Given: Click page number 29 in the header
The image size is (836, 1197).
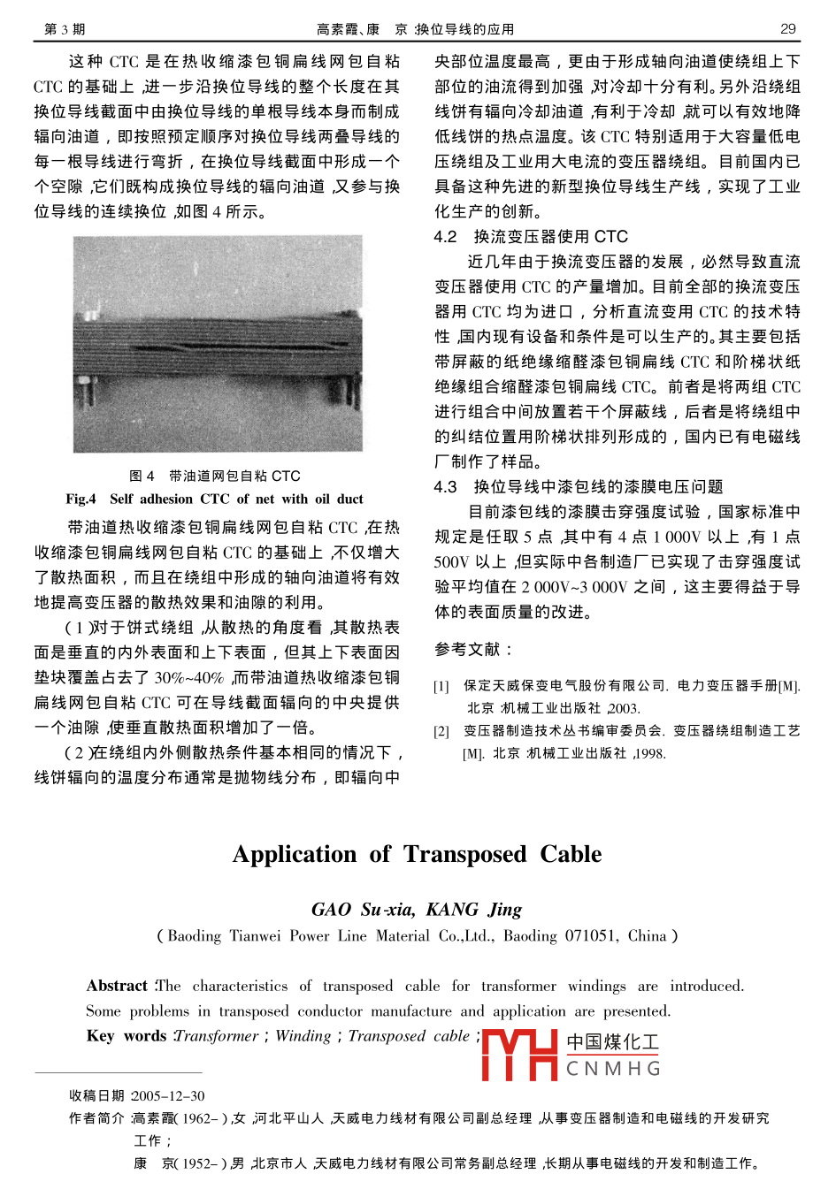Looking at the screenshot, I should tap(787, 29).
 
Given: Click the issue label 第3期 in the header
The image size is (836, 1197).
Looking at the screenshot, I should tap(65, 29).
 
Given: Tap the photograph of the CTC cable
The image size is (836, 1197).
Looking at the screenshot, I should tap(218, 344).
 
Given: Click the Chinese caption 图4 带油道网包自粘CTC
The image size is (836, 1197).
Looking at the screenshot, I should tap(215, 476).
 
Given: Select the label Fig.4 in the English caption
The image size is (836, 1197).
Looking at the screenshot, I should tap(81, 499).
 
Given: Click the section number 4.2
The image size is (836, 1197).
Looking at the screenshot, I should tap(445, 237).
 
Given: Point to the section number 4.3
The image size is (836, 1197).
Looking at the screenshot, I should tap(445, 487).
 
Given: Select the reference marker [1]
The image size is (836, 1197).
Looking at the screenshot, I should tap(441, 686).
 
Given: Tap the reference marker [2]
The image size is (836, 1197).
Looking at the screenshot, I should tap(441, 731).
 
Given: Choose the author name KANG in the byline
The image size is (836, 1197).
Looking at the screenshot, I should tap(452, 910).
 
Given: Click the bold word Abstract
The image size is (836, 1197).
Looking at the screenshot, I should tap(117, 986).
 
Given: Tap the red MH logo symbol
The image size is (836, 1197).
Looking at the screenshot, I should tap(519, 1054).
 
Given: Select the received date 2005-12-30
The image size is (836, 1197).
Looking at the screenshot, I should tap(168, 1096).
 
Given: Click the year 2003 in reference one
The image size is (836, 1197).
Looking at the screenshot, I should tap(624, 708).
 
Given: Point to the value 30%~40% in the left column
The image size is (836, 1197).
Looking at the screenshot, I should tap(189, 678).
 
